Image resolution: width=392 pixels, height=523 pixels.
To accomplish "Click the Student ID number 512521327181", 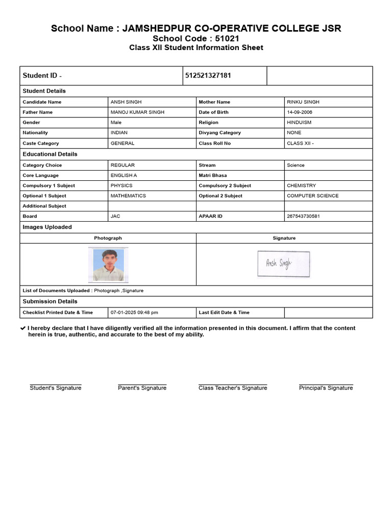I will click(x=208, y=76).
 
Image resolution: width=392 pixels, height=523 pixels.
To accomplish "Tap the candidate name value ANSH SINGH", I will click(x=126, y=102).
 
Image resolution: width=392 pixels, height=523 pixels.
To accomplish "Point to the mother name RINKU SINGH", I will click(x=303, y=102).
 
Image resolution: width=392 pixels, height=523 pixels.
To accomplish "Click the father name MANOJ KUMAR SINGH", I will click(x=137, y=112).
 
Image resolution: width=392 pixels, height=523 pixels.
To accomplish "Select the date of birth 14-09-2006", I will click(x=300, y=112).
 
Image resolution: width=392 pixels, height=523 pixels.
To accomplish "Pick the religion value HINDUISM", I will click(x=299, y=123).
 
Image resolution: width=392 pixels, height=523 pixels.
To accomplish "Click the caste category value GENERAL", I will click(x=122, y=144).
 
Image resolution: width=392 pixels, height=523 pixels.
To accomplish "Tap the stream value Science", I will click(x=296, y=165).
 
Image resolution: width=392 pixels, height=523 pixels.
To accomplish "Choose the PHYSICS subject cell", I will click(x=121, y=186).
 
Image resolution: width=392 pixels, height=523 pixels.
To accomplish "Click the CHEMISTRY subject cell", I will click(x=301, y=186).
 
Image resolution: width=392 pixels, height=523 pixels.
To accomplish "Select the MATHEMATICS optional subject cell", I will click(x=128, y=196).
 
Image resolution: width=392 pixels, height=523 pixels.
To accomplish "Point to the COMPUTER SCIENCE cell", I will click(x=312, y=196).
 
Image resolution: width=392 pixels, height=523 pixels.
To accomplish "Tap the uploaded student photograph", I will click(x=108, y=265).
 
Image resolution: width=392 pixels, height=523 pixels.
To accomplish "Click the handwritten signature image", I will click(x=283, y=264).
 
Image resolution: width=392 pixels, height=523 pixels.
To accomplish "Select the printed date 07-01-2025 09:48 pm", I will click(x=134, y=313).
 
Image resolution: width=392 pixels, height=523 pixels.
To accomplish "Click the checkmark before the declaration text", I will click(x=23, y=328).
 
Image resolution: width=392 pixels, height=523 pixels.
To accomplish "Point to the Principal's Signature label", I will click(x=326, y=388).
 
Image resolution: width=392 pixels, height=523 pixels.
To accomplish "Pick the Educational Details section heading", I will click(x=50, y=154).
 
